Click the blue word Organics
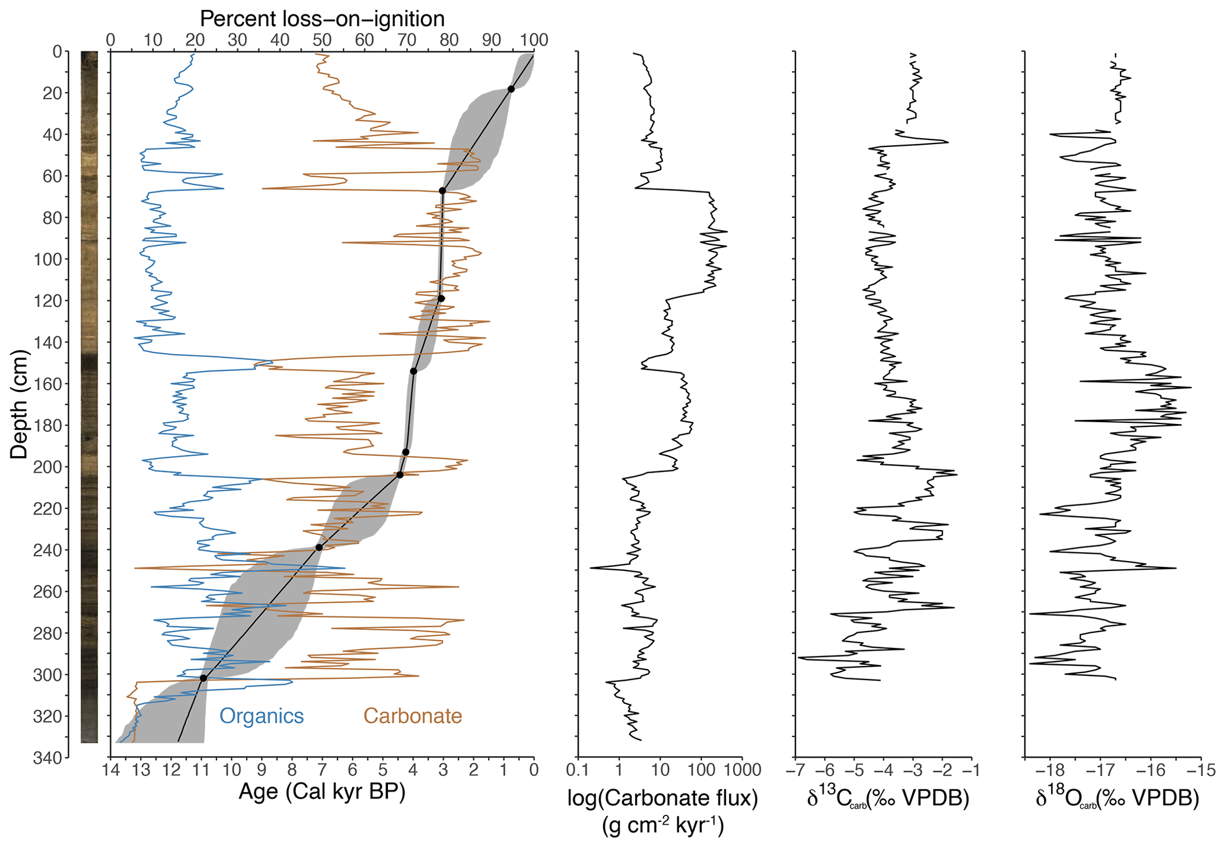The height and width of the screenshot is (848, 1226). [x=262, y=716]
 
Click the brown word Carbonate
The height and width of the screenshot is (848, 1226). [x=412, y=716]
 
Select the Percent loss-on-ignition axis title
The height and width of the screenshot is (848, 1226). [x=322, y=19]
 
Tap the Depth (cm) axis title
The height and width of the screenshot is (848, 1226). [x=20, y=404]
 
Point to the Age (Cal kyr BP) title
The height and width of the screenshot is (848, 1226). [x=322, y=792]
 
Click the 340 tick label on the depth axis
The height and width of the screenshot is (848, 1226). [x=49, y=758]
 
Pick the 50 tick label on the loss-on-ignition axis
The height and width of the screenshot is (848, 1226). [x=322, y=40]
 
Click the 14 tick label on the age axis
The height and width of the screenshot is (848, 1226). [x=110, y=770]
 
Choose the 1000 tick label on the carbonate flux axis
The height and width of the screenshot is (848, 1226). [x=742, y=770]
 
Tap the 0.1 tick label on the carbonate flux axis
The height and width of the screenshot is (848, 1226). [x=578, y=770]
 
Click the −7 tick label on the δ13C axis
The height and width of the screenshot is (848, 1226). [x=795, y=770]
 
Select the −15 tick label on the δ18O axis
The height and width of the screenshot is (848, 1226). [x=1201, y=770]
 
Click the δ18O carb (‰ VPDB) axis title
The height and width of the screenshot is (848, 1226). [x=1117, y=799]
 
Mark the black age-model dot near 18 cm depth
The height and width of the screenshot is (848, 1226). [x=511, y=89]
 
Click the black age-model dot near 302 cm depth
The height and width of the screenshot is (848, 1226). [x=203, y=678]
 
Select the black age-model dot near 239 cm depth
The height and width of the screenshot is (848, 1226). [x=319, y=547]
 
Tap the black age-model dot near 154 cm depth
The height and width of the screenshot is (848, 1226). [x=413, y=371]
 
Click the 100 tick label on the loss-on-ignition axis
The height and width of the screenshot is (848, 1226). [x=534, y=40]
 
